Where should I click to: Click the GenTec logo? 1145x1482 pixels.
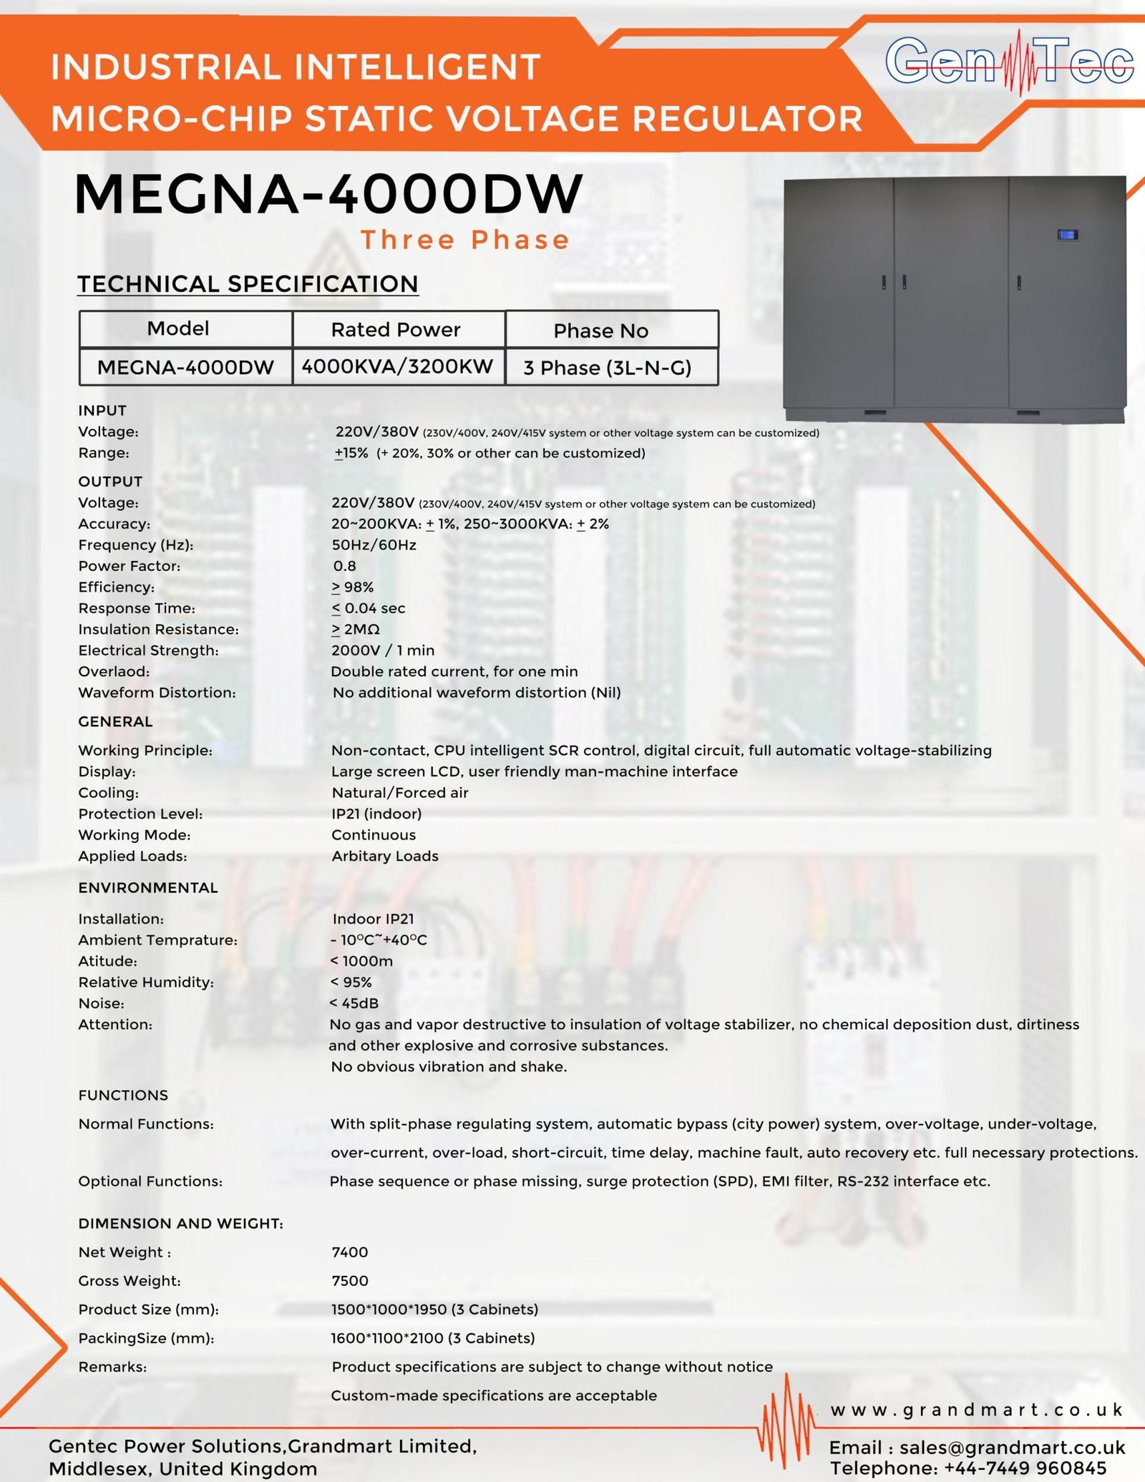[1009, 62]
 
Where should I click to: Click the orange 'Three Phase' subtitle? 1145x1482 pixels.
[465, 240]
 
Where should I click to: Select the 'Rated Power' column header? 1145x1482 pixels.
[396, 329]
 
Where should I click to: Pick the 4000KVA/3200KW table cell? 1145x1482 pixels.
[397, 366]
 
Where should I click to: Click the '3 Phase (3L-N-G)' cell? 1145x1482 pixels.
[608, 368]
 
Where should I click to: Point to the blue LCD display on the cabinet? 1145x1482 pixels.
[1067, 235]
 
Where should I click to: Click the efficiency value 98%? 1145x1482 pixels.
[353, 587]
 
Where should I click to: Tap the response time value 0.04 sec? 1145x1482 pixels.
[369, 608]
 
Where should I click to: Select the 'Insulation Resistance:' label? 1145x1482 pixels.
[158, 629]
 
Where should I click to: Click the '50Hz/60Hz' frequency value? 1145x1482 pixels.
[374, 545]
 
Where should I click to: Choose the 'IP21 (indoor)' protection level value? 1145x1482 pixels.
[376, 814]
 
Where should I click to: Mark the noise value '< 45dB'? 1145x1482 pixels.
[354, 1003]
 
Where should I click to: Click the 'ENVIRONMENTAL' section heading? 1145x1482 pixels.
[148, 887]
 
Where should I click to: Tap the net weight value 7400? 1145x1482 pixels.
[350, 1252]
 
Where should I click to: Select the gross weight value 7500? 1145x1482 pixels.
[350, 1280]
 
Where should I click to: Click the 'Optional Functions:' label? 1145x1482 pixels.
[150, 1181]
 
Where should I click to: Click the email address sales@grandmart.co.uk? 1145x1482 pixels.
[1012, 1448]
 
